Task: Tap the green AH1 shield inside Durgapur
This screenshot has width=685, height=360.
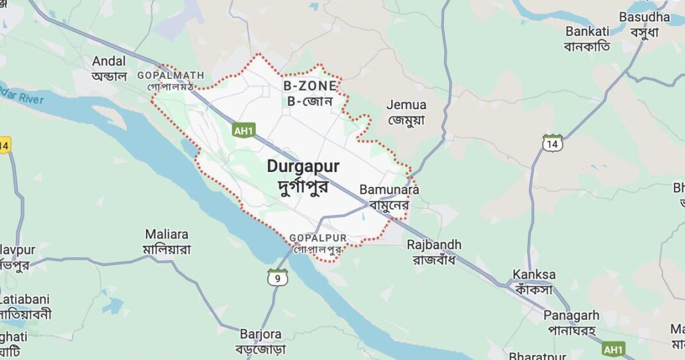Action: [244, 130]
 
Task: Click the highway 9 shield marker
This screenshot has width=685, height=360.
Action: [278, 277]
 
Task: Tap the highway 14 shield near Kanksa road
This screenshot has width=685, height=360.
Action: [552, 142]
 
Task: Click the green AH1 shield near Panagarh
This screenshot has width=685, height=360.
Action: [613, 349]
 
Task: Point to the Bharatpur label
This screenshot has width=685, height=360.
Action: [537, 355]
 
